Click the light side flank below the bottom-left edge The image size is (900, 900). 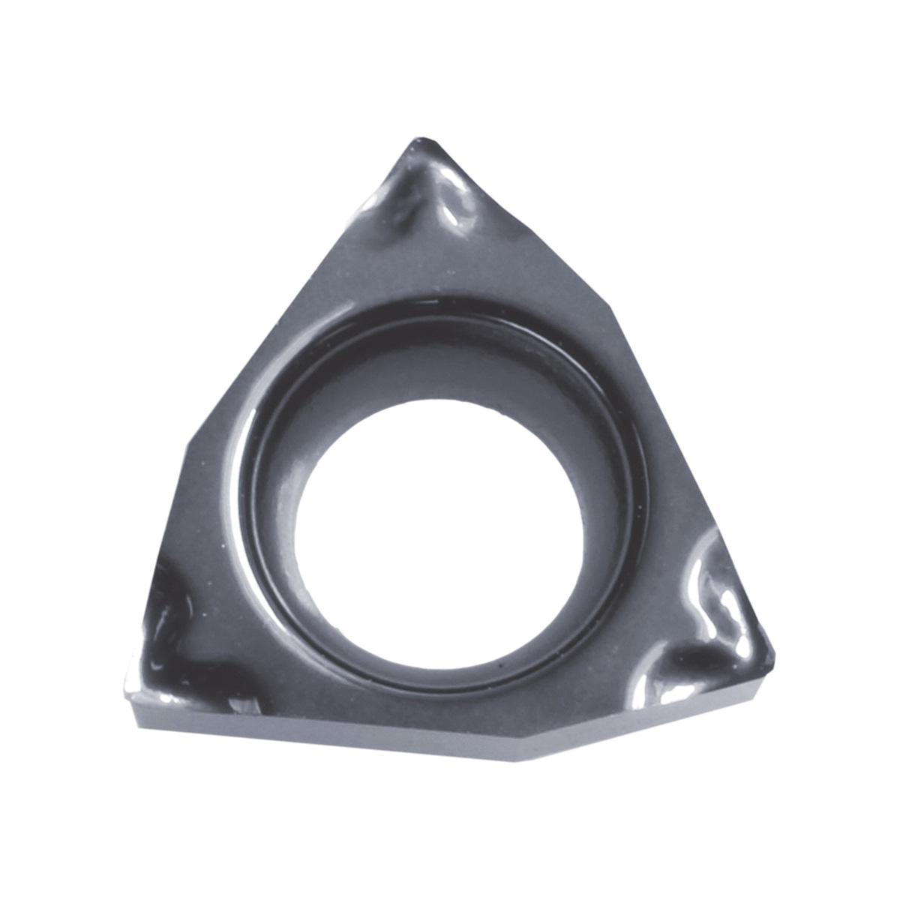[300, 731]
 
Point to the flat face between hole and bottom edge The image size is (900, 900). [450, 712]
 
